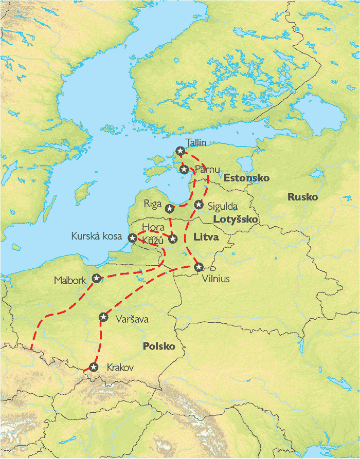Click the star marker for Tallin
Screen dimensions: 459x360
click(x=179, y=151)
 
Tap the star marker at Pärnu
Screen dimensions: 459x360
click(x=184, y=169)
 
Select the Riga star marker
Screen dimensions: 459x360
click(x=169, y=208)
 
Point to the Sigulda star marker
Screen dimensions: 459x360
click(x=199, y=205)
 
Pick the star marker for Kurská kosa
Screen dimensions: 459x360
click(x=132, y=238)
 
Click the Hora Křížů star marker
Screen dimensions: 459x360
click(x=173, y=238)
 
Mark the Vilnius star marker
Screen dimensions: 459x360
click(x=199, y=266)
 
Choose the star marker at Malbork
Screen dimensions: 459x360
click(x=96, y=278)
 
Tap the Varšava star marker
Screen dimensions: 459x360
click(x=103, y=317)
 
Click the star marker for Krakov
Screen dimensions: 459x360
click(x=93, y=367)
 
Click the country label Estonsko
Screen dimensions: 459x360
click(x=246, y=178)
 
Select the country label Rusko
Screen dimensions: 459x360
click(x=302, y=197)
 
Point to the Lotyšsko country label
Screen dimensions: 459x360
click(x=236, y=219)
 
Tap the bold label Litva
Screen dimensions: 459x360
click(x=206, y=237)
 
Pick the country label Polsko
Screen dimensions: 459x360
click(x=159, y=346)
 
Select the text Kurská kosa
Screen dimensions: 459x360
click(x=97, y=237)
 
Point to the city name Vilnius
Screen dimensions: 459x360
click(x=216, y=279)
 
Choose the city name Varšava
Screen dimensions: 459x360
click(x=132, y=319)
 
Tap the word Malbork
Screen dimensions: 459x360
click(x=71, y=281)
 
